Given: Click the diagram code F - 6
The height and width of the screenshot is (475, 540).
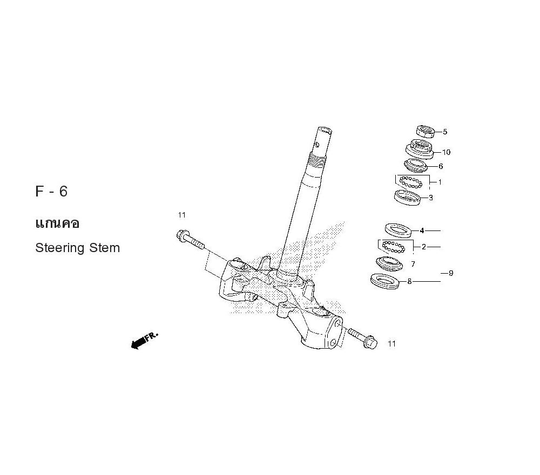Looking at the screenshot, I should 52,192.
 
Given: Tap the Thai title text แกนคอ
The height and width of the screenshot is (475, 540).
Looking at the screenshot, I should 57,223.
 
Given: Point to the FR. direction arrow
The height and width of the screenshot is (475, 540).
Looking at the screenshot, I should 144,341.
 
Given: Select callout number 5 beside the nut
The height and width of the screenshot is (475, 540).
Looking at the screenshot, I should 445,132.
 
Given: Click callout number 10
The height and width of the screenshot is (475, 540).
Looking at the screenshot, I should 446,152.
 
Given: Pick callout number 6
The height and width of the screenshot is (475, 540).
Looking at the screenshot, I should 441,167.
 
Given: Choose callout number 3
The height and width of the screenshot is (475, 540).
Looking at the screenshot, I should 430,198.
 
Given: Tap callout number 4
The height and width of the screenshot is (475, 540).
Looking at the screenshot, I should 422,230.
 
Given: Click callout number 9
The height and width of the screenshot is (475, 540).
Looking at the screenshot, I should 451,273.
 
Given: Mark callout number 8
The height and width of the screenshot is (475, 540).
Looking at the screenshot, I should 409,281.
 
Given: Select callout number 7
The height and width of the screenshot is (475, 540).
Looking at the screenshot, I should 413,264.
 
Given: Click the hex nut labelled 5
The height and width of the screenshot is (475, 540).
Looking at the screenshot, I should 425,131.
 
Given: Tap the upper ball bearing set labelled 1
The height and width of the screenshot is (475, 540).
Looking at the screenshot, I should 411,181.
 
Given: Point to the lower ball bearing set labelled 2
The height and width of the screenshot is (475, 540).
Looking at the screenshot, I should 393,247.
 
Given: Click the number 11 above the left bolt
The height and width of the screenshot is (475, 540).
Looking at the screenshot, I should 181,215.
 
